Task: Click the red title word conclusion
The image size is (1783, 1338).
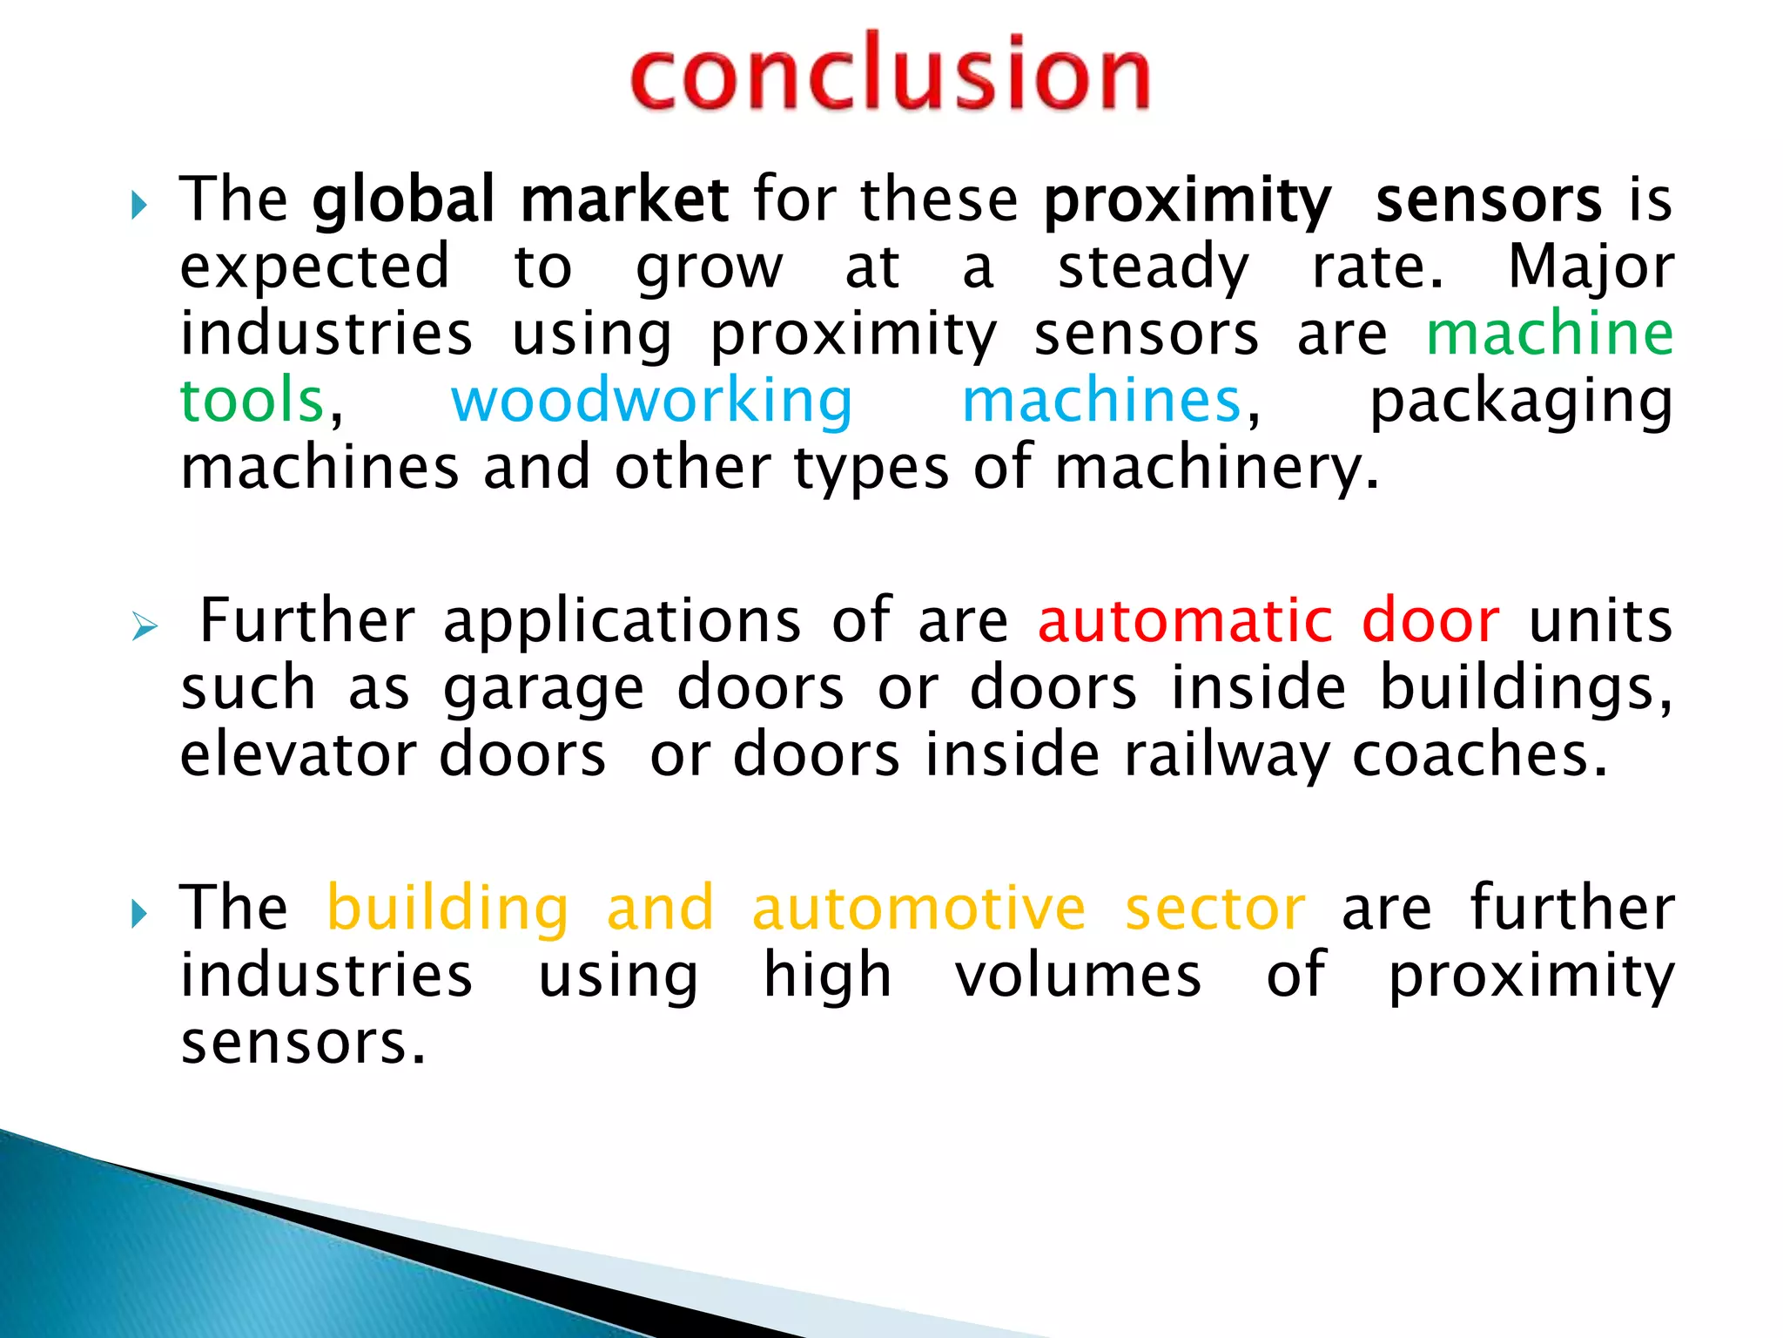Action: tap(890, 74)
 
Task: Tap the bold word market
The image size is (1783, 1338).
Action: tap(624, 200)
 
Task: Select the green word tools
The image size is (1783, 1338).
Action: tap(252, 401)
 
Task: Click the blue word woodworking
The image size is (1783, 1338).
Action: tap(651, 401)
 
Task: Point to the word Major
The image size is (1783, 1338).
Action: tap(1591, 267)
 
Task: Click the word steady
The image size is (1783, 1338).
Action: tap(1153, 267)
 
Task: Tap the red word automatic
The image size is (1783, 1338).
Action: tap(1185, 621)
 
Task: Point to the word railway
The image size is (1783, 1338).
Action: tap(1226, 756)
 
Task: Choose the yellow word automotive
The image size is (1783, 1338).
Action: tap(918, 908)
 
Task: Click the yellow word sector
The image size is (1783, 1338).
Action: tap(1214, 908)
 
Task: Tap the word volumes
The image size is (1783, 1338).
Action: tap(1078, 975)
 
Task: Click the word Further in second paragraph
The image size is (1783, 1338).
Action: tap(307, 621)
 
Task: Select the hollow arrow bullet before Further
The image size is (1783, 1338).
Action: tap(145, 625)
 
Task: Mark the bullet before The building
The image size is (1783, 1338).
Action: tap(138, 914)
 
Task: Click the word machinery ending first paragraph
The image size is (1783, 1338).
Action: tap(1215, 469)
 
